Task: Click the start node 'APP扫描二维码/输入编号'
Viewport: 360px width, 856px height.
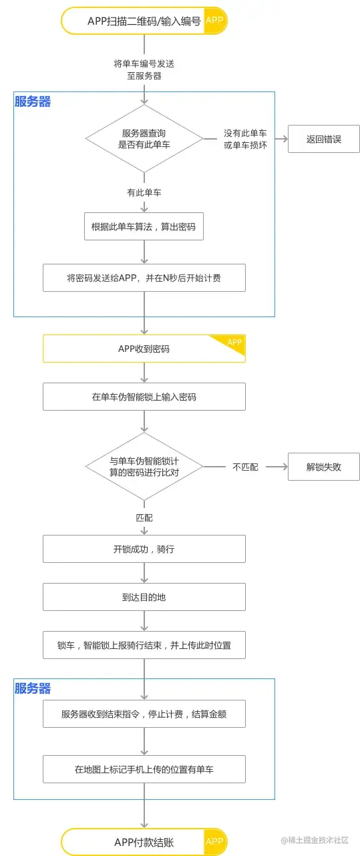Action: pyautogui.click(x=144, y=21)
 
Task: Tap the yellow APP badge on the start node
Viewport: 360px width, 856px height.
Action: pyautogui.click(x=214, y=21)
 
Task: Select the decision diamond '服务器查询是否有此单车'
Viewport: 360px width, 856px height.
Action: pyautogui.click(x=144, y=139)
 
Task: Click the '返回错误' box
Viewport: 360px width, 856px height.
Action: pyautogui.click(x=324, y=140)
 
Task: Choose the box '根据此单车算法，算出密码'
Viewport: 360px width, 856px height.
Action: pyautogui.click(x=144, y=226)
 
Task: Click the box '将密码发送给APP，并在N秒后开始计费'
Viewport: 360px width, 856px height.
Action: pyautogui.click(x=144, y=278)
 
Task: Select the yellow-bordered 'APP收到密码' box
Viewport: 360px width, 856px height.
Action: pyautogui.click(x=144, y=349)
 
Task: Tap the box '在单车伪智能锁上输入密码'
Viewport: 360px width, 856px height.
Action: pyautogui.click(x=144, y=397)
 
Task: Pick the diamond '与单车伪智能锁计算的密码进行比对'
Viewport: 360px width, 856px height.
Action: pyautogui.click(x=144, y=467)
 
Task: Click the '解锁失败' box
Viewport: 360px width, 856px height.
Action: pyautogui.click(x=324, y=467)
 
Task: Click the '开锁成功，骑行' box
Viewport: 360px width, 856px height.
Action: pyautogui.click(x=144, y=549)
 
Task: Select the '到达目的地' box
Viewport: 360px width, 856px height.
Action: pyautogui.click(x=144, y=597)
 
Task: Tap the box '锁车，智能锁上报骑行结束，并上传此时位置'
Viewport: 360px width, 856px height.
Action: pyautogui.click(x=144, y=646)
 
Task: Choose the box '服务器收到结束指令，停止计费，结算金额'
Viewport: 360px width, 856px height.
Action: pyautogui.click(x=144, y=714)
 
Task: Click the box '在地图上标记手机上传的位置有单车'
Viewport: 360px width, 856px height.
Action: pyautogui.click(x=144, y=769)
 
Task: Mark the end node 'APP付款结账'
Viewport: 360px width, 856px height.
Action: pyautogui.click(x=144, y=843)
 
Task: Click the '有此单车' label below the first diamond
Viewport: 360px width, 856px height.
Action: pyautogui.click(x=144, y=192)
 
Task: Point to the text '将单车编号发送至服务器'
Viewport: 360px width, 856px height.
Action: pyautogui.click(x=144, y=69)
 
